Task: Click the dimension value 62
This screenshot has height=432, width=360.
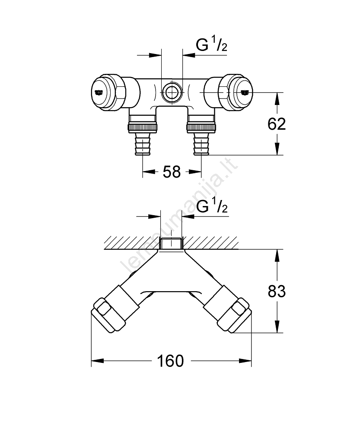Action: click(277, 124)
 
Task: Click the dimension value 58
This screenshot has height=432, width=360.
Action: click(172, 172)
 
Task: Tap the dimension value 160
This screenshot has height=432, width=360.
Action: click(171, 360)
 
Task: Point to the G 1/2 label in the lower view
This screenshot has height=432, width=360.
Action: click(212, 207)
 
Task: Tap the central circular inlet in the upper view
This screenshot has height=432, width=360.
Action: click(172, 92)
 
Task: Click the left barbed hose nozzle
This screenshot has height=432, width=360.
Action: click(143, 143)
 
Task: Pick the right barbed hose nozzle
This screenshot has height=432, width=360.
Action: click(201, 143)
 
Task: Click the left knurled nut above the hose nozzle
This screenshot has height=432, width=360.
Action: click(143, 127)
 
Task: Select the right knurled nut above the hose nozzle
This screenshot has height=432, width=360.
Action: click(201, 127)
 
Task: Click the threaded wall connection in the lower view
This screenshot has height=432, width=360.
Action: click(172, 243)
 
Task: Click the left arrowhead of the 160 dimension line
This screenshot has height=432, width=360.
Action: click(96, 360)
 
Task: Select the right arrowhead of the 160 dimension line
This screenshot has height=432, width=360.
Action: click(247, 360)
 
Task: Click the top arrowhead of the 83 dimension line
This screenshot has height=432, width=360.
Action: click(277, 254)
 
